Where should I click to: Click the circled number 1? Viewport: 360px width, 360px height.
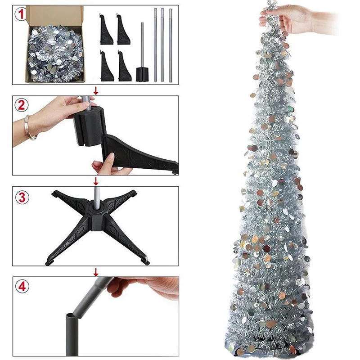point(21,14)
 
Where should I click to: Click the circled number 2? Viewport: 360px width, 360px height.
point(21,105)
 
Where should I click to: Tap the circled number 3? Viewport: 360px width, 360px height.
point(22,198)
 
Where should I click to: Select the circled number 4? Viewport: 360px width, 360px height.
point(22,286)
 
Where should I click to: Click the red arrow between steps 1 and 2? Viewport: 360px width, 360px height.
point(96,90)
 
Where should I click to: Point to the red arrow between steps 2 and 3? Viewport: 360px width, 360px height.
point(96,181)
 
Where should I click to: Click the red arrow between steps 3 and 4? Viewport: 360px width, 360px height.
point(96,272)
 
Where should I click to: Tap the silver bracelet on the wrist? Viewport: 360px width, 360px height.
point(29,128)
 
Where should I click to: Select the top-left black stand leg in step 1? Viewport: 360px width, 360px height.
point(106,30)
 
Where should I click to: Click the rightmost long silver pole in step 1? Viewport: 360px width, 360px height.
point(171,45)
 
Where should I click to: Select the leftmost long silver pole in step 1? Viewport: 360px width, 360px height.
point(155,45)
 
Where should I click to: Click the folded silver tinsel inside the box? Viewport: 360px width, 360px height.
point(55,53)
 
